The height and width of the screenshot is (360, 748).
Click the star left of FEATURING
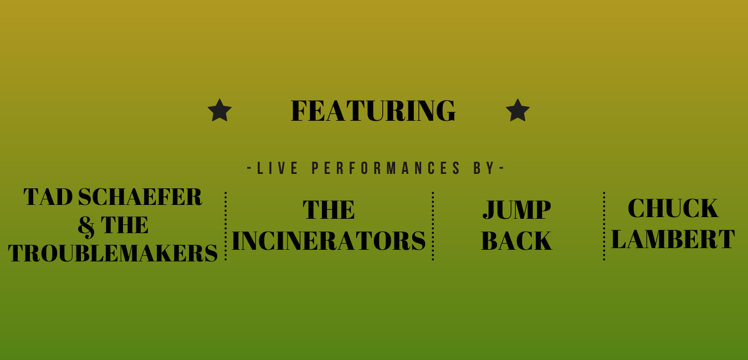click(219, 110)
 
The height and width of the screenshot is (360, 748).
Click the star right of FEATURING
click(518, 110)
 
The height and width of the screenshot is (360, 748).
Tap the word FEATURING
click(373, 111)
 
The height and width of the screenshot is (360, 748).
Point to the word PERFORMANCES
click(386, 168)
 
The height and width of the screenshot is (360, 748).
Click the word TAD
click(48, 197)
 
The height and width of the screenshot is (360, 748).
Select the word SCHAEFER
click(140, 197)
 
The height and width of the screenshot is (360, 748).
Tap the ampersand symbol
click(86, 226)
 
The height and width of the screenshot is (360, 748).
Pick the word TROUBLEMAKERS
click(113, 253)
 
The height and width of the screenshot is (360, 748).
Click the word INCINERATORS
click(329, 240)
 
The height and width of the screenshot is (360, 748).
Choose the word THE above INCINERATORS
click(329, 210)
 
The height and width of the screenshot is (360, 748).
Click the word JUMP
click(516, 210)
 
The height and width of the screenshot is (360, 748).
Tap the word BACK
click(516, 240)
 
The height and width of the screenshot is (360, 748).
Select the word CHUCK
click(673, 208)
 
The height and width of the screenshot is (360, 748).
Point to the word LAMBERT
click(673, 239)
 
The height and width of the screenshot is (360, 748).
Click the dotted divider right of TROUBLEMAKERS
click(226, 226)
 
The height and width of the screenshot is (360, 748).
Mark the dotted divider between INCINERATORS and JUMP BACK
click(433, 226)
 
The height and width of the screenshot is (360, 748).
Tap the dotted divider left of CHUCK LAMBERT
click(604, 226)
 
